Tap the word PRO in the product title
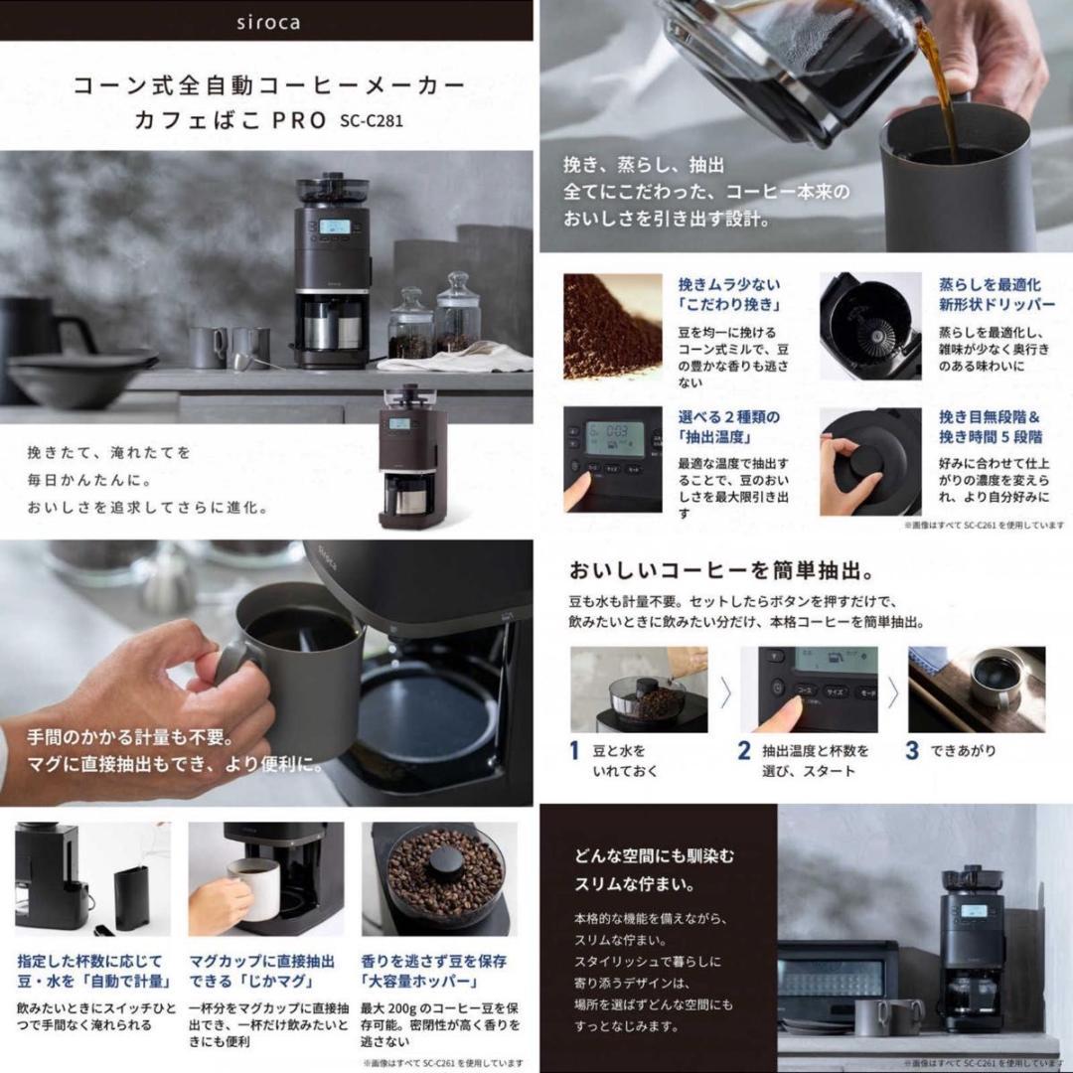coord(295,121)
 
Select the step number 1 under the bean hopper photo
coord(574,751)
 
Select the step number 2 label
coord(744,751)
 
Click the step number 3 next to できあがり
coord(912,751)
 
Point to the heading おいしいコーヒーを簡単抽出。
coord(721,571)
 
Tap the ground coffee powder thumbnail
coord(612,326)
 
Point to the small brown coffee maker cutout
coord(411,454)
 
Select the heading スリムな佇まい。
coord(632,883)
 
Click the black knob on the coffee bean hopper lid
coord(446,859)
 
